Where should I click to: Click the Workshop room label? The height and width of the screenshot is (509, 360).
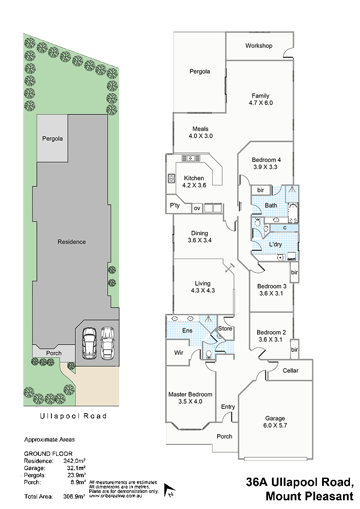coord(258,46)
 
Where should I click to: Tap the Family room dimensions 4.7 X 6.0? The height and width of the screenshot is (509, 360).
coord(261,103)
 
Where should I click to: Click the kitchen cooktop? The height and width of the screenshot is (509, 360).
coord(171,179)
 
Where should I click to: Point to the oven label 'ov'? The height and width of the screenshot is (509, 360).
coord(197,209)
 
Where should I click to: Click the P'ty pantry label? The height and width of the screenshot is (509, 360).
coord(175,205)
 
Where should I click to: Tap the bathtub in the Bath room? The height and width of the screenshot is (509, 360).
coord(293,213)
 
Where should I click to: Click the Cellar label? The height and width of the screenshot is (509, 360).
coord(290,371)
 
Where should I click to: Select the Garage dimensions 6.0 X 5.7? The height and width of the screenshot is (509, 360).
coord(275,425)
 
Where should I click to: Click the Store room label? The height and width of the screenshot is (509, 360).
coord(225,328)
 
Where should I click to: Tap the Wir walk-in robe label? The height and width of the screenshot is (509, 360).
coord(179,353)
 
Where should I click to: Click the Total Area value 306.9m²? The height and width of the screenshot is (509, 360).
coord(75,496)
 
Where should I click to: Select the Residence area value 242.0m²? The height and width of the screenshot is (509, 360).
coord(75,461)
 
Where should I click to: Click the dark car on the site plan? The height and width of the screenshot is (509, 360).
coord(89,343)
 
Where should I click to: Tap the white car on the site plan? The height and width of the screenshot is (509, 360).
coord(107,343)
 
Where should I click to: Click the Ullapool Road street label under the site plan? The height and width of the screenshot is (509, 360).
coord(73,416)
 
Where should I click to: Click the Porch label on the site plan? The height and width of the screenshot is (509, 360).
coord(54,353)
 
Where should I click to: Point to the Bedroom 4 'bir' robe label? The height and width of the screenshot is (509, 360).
coord(261,190)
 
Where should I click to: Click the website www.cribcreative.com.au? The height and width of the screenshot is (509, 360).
coord(115,496)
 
